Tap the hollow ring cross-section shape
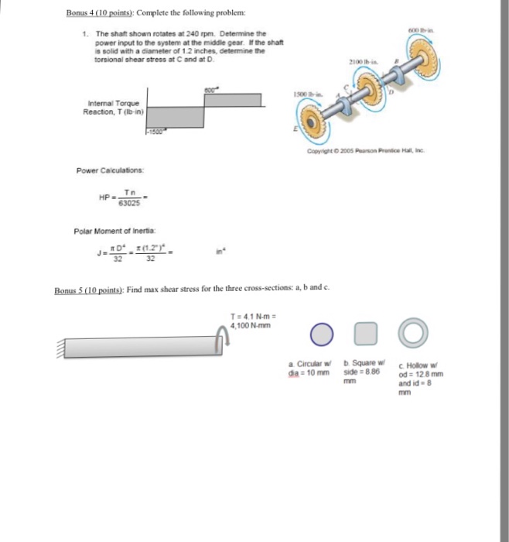click(412, 334)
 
